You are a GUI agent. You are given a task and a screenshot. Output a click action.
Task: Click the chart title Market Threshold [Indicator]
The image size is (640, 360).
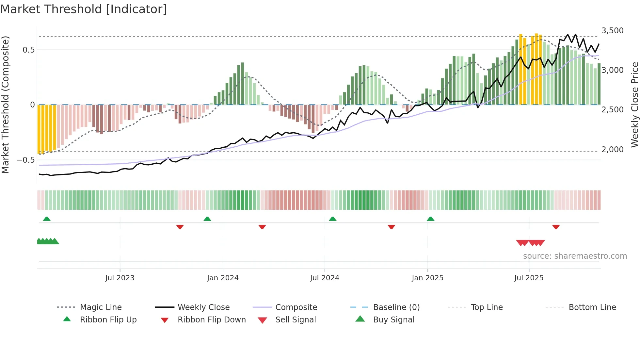point(84,9)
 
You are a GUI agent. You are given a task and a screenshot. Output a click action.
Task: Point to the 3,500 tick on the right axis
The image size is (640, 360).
point(612,31)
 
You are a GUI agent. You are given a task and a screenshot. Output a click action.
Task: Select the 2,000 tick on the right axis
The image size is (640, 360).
point(612,150)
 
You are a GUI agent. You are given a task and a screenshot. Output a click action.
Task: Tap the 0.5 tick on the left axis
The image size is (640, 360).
point(28,50)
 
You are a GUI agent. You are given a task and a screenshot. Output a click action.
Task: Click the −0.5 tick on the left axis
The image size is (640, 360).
point(26,160)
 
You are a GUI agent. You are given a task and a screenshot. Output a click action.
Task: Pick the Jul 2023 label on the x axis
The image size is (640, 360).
point(120,278)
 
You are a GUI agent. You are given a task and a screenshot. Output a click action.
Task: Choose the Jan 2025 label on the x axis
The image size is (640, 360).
point(427,278)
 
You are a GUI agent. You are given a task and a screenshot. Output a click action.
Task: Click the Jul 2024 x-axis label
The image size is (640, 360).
point(325,278)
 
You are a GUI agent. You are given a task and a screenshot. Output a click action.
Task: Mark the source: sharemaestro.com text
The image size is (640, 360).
point(575,256)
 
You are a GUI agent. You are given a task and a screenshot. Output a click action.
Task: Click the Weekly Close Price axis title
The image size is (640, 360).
point(634,105)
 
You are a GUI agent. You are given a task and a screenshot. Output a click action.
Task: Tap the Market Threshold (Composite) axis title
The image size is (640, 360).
point(5,105)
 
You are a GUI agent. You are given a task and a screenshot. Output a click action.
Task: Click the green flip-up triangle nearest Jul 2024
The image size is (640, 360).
point(332,219)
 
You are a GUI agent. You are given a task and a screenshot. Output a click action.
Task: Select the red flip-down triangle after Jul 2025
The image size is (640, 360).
point(556,227)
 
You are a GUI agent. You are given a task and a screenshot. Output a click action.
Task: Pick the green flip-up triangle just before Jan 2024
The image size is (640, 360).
point(207,219)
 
